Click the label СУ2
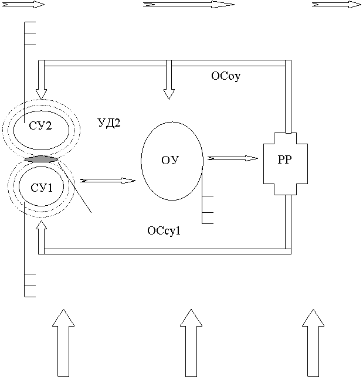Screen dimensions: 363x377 [40, 125]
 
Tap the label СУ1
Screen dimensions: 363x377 [42, 188]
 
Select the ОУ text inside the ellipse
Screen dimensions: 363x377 [170, 160]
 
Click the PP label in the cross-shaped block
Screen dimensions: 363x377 [285, 159]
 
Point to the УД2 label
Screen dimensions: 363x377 [109, 123]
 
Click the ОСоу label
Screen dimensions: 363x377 [226, 76]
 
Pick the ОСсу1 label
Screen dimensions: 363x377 [164, 230]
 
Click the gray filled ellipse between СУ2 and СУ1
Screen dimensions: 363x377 [42, 159]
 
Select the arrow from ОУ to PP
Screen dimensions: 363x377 [233, 158]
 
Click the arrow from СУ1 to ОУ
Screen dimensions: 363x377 [108, 181]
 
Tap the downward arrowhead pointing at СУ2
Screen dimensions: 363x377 [41, 94]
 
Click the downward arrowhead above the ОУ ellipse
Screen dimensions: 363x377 [169, 94]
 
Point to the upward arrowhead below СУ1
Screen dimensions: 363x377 [42, 225]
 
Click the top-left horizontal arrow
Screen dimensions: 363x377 [23, 5]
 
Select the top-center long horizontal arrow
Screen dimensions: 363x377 [189, 5]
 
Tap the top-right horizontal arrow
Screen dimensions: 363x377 [337, 5]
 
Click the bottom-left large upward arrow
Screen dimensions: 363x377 [63, 343]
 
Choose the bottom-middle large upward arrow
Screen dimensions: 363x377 [191, 343]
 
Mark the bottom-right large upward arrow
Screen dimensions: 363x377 [313, 343]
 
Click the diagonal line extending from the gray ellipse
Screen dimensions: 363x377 [74, 187]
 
